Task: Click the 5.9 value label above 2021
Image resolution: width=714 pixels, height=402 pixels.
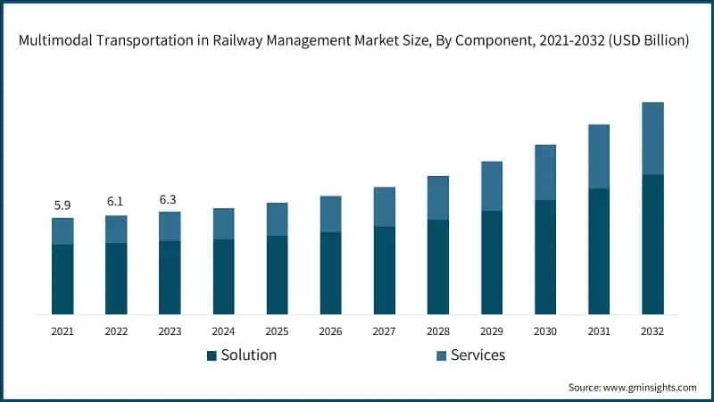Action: tap(62, 205)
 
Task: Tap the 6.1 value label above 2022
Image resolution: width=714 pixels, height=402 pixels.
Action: tap(116, 203)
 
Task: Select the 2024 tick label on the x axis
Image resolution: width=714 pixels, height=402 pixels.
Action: tap(223, 331)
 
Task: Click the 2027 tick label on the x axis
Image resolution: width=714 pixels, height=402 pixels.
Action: tap(385, 331)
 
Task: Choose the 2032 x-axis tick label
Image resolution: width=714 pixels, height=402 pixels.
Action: tap(653, 331)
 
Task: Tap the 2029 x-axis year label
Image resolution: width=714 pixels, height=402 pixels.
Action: tap(492, 331)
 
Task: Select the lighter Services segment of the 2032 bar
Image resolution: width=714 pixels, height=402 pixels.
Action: tap(653, 138)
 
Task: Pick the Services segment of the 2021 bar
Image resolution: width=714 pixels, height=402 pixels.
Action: tap(62, 231)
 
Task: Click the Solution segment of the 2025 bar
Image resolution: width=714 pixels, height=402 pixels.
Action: tap(278, 275)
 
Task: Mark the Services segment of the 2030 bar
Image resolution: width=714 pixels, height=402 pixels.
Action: tap(545, 172)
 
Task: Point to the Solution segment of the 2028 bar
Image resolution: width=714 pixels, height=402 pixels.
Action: tap(438, 267)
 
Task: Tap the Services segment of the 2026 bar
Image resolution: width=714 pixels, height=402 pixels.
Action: tap(331, 214)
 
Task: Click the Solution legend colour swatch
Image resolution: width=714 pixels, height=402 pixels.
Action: tap(212, 356)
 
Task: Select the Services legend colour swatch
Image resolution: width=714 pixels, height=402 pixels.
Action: tap(441, 356)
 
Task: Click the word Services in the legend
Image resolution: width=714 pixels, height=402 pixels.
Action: tap(477, 355)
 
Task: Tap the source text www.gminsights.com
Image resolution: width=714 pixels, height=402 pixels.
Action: tap(648, 388)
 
